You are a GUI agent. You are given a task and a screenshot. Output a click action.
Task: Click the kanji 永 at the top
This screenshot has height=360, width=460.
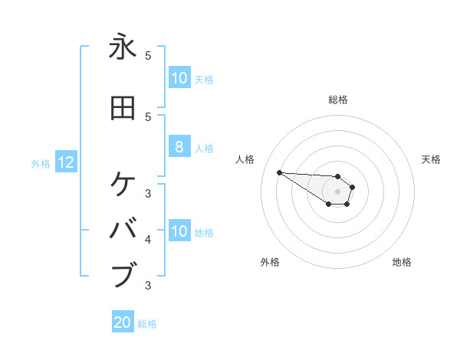click(x=123, y=47)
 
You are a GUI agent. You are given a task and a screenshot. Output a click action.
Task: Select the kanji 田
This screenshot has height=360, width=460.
click(x=123, y=108)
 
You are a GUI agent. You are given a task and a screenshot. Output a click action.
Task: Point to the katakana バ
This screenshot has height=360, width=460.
click(x=123, y=229)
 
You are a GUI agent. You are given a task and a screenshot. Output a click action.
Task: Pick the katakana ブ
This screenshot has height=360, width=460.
click(x=123, y=274)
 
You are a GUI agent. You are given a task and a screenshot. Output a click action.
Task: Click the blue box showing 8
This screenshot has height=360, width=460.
click(x=179, y=147)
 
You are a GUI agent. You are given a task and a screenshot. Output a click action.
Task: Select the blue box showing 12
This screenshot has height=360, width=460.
click(x=66, y=162)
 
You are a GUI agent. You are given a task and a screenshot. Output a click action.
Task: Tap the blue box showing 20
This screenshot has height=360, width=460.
click(x=123, y=322)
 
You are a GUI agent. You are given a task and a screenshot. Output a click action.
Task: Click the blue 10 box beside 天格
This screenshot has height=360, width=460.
click(x=179, y=78)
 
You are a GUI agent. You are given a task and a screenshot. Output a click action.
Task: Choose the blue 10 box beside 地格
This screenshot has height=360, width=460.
click(x=179, y=231)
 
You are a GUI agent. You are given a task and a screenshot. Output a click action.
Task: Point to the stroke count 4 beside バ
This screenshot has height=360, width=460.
click(x=148, y=240)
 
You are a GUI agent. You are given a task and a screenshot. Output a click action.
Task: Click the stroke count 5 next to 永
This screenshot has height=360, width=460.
click(x=148, y=56)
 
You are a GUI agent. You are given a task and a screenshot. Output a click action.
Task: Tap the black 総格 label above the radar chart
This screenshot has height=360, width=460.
click(x=337, y=100)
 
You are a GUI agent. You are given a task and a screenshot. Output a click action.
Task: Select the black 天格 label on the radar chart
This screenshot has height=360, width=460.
click(x=431, y=159)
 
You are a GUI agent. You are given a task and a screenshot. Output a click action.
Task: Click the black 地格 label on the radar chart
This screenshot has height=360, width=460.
click(x=402, y=262)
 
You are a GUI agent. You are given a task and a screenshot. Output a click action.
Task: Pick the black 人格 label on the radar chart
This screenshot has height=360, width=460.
click(x=245, y=159)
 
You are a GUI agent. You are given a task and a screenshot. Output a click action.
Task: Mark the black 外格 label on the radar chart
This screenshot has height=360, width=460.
click(x=270, y=262)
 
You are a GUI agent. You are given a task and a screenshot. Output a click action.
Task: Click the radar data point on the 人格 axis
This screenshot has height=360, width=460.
click(x=279, y=172)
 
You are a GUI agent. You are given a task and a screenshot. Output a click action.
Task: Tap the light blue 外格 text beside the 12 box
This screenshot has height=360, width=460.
click(x=40, y=163)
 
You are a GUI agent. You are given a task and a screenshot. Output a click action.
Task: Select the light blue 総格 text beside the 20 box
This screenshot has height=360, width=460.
click(x=147, y=324)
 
